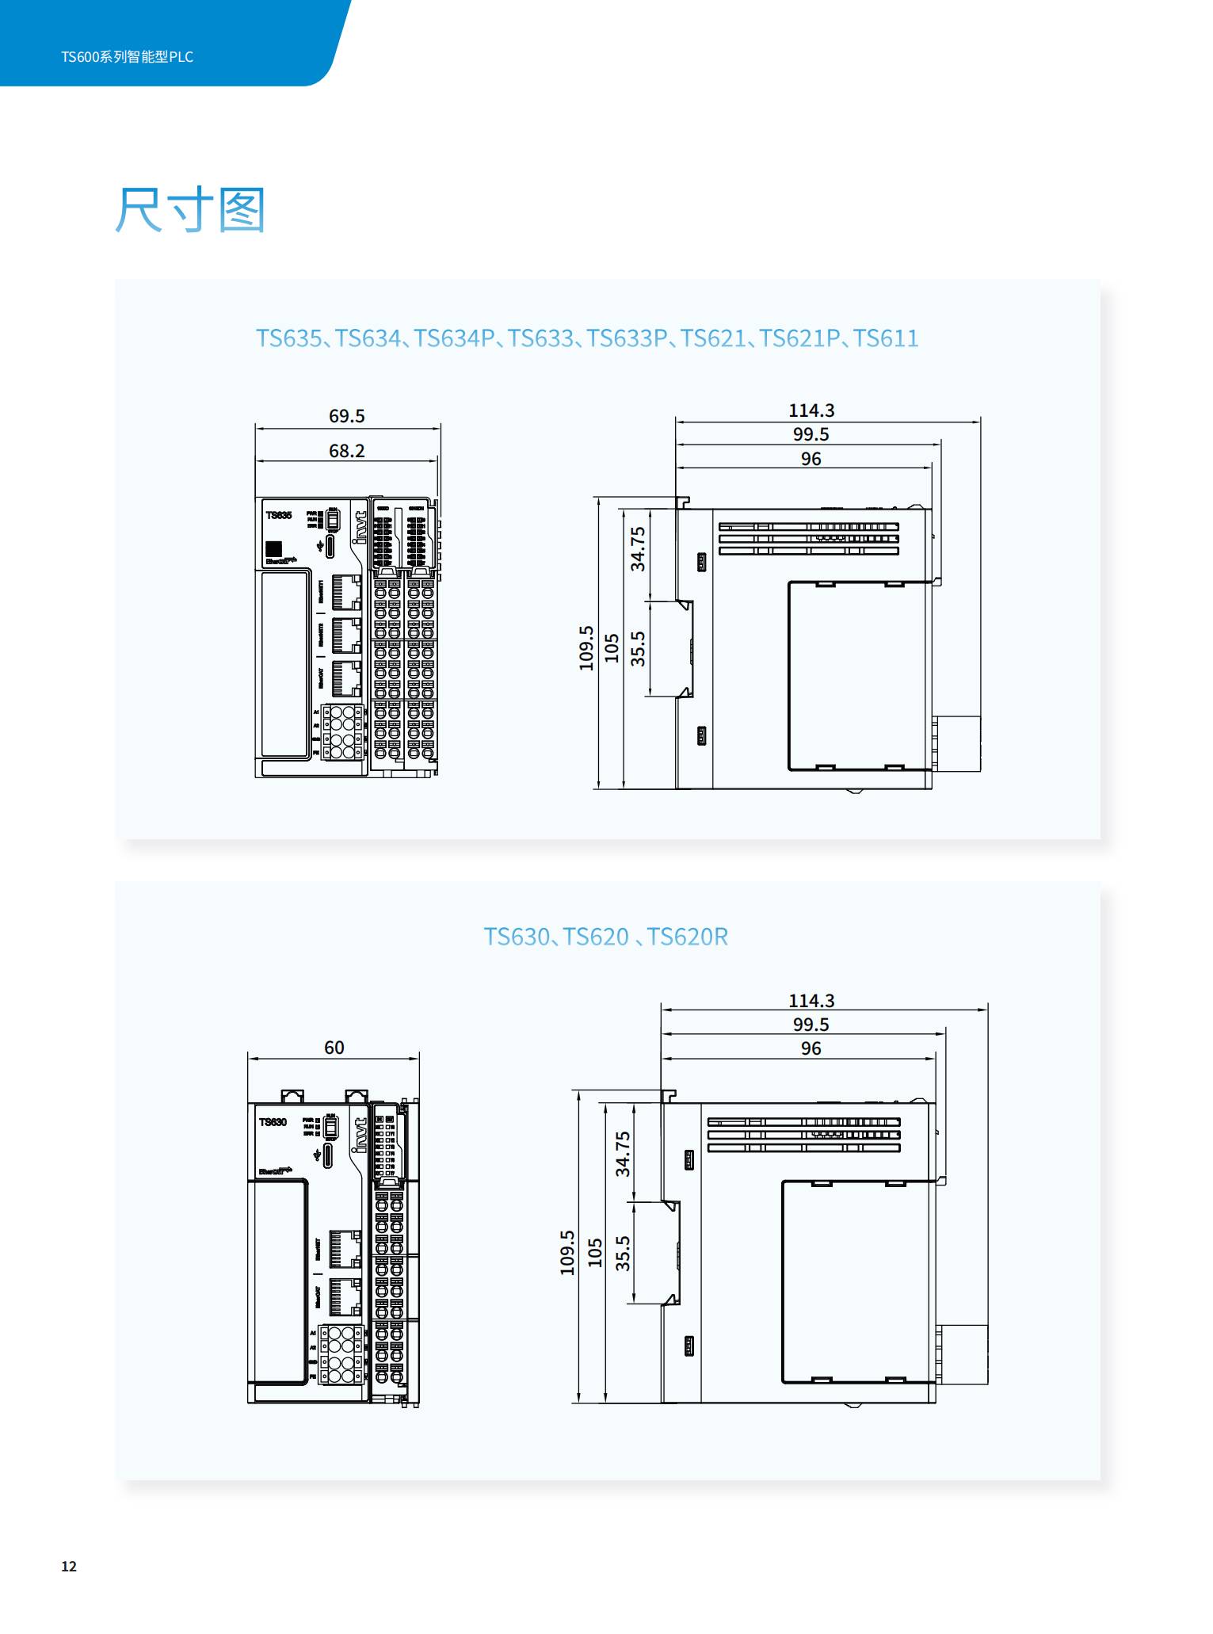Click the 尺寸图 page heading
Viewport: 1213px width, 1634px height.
(x=189, y=210)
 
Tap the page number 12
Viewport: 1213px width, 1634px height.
(x=69, y=1566)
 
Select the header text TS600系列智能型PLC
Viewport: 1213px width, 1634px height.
(x=127, y=57)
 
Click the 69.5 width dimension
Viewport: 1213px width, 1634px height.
(x=346, y=416)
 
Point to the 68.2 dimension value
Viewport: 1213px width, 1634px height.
(x=346, y=451)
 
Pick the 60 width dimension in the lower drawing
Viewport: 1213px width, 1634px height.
(x=334, y=1048)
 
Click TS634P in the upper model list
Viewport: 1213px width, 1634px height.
(x=454, y=338)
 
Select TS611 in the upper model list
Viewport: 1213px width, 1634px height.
(x=886, y=338)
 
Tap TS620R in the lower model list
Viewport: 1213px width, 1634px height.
(x=687, y=937)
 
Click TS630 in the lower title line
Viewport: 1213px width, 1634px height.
(x=517, y=937)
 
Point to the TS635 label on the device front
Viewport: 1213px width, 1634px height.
(x=279, y=516)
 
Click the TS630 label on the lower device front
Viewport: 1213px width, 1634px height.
(x=273, y=1122)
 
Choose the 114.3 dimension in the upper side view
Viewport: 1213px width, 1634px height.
(x=811, y=410)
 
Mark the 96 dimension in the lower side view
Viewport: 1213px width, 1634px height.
(x=811, y=1048)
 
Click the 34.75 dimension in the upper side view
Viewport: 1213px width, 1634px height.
(x=638, y=548)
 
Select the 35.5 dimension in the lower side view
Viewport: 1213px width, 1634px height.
(x=623, y=1253)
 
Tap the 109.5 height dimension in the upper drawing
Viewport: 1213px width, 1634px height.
(x=586, y=647)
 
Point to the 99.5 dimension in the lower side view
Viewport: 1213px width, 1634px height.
(x=811, y=1025)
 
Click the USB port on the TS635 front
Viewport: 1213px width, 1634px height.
(x=330, y=548)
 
